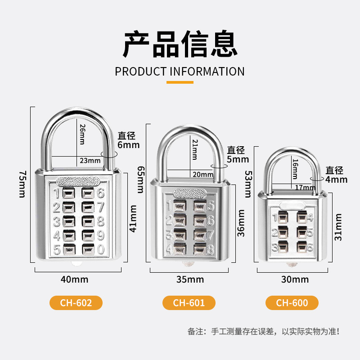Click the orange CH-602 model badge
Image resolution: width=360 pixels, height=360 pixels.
click(x=76, y=303)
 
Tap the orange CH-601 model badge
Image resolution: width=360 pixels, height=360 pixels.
click(x=189, y=303)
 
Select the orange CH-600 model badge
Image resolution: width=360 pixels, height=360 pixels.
click(x=292, y=303)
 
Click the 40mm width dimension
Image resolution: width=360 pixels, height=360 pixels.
click(x=74, y=279)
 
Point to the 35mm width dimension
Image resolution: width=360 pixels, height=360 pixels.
click(x=189, y=280)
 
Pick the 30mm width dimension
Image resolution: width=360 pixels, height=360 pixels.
click(x=295, y=280)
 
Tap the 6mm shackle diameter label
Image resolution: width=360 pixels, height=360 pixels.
click(x=129, y=144)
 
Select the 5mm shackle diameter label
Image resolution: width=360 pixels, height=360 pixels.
click(x=238, y=159)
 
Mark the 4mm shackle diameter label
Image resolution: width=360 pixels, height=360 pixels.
click(x=337, y=179)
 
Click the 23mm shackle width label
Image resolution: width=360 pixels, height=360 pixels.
click(x=90, y=160)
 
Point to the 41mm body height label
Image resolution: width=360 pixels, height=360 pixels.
click(x=133, y=219)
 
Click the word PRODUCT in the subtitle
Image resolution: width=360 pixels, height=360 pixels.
click(x=141, y=72)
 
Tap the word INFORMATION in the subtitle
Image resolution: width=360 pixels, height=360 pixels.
click(x=207, y=72)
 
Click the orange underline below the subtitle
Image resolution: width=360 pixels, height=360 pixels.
click(x=180, y=82)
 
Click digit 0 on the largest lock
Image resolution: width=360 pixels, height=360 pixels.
click(x=101, y=248)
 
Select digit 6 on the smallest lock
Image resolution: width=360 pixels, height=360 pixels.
click(x=310, y=246)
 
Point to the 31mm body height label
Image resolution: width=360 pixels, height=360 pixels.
click(x=338, y=227)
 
